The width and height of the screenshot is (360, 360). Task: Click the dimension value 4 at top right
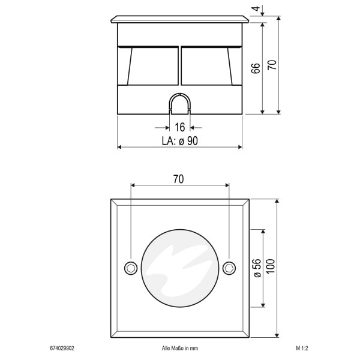[256, 9]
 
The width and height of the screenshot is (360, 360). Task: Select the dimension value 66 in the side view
[256, 68]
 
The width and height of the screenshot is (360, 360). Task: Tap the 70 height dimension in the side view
[272, 65]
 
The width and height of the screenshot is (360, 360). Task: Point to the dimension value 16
[180, 127]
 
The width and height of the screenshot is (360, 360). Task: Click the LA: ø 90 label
[180, 141]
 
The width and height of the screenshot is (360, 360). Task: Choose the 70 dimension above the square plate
[178, 179]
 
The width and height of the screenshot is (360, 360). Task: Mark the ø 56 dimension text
[257, 268]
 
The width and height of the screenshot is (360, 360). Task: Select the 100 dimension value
[271, 266]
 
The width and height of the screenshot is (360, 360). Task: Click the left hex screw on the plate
[131, 268]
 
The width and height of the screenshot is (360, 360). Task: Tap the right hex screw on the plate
[229, 268]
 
